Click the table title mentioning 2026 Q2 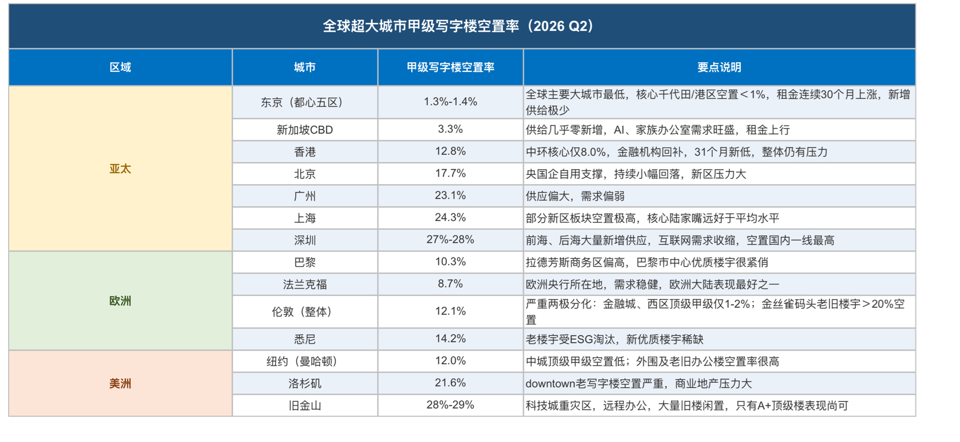pyautogui.click(x=458, y=26)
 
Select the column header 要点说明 pyautogui.click(x=719, y=67)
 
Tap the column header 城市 pyautogui.click(x=305, y=67)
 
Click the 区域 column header pyautogui.click(x=120, y=67)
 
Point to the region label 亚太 pyautogui.click(x=120, y=169)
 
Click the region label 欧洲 pyautogui.click(x=120, y=301)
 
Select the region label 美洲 pyautogui.click(x=120, y=384)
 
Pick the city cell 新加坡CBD pyautogui.click(x=305, y=130)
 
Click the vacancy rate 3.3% pyautogui.click(x=450, y=129)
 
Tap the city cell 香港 pyautogui.click(x=305, y=152)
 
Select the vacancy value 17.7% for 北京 pyautogui.click(x=450, y=173)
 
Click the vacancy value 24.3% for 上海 pyautogui.click(x=450, y=218)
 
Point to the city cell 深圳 pyautogui.click(x=305, y=240)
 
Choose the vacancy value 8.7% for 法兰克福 pyautogui.click(x=450, y=283)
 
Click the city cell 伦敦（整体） pyautogui.click(x=305, y=312)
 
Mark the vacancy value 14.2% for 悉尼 pyautogui.click(x=450, y=338)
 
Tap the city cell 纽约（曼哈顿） pyautogui.click(x=305, y=361)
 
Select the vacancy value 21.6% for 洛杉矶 pyautogui.click(x=450, y=382)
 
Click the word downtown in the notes pyautogui.click(x=550, y=384)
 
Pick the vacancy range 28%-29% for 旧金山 pyautogui.click(x=450, y=405)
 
